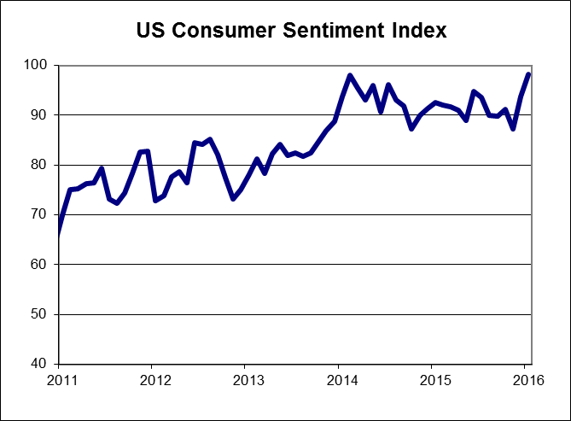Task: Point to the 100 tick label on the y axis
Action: tap(39, 66)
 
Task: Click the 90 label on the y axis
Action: tap(42, 115)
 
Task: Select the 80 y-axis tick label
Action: tap(42, 165)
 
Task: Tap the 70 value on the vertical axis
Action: tap(42, 215)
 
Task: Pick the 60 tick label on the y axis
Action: tap(42, 265)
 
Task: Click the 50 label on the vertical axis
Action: tap(42, 314)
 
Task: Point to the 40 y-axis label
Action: tap(42, 365)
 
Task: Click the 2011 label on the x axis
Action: tap(58, 379)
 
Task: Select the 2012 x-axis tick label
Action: tap(152, 379)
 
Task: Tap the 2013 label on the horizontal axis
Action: tap(246, 379)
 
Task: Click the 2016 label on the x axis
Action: tap(528, 379)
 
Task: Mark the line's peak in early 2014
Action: tap(350, 75)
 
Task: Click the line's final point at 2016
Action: tap(528, 74)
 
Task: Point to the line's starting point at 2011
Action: tap(58, 234)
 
